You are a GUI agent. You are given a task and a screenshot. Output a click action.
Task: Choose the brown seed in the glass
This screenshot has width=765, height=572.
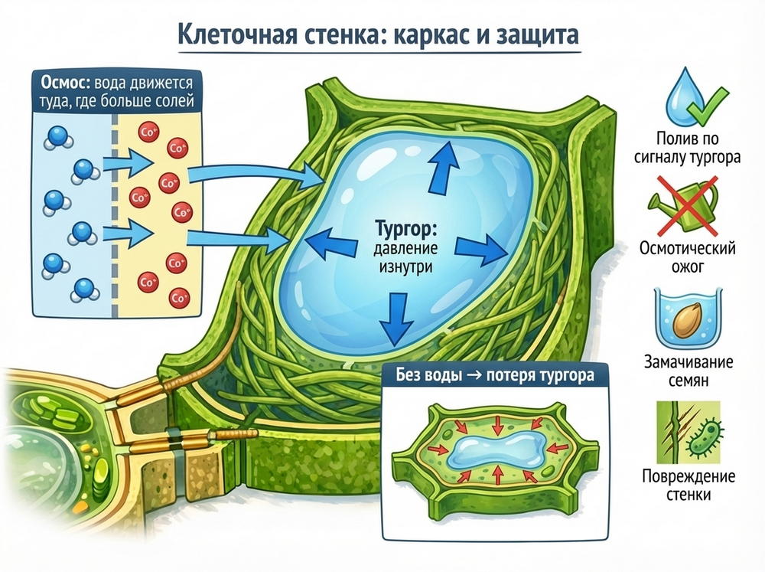click(x=685, y=320)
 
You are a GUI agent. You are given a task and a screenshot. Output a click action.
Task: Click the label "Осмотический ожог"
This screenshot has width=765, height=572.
click(x=686, y=258)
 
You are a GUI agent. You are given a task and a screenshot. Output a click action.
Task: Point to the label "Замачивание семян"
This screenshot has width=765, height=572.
click(x=686, y=370)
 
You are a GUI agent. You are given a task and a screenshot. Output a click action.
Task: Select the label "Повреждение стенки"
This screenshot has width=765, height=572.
click(x=686, y=485)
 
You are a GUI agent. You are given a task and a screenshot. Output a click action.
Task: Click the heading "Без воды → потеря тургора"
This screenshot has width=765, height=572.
click(x=493, y=377)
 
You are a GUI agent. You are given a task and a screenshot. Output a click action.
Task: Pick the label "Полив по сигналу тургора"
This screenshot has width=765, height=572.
click(x=686, y=149)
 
